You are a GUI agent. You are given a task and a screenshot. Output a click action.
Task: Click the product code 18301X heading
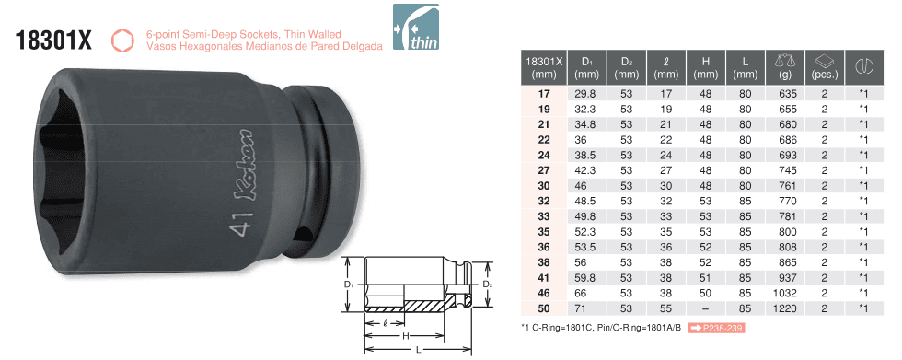pos(54,41)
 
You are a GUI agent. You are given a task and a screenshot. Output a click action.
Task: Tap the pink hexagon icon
pos(121,41)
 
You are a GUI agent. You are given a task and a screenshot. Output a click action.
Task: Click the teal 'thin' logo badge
pos(415,27)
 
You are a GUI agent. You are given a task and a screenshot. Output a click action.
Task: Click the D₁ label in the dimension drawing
pos(348,285)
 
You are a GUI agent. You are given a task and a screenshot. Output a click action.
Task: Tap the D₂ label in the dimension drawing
pos(487,285)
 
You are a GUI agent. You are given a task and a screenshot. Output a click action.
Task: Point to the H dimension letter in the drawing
pos(405,336)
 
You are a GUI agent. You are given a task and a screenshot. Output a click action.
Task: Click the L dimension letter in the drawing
pos(418,349)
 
